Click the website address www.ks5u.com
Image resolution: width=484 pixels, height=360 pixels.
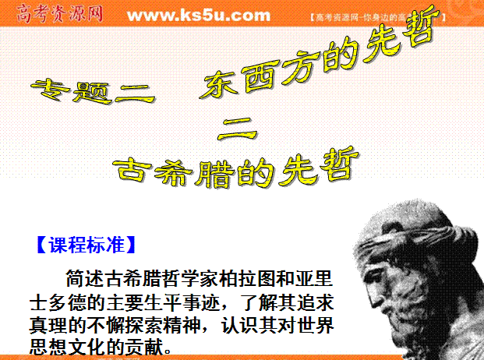[x=199, y=16]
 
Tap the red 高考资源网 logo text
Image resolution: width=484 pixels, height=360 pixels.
[x=59, y=14]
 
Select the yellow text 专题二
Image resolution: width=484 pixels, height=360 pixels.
[x=93, y=91]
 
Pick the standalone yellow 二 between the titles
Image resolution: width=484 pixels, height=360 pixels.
[x=237, y=129]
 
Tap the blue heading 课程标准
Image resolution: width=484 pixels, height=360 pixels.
[x=87, y=245]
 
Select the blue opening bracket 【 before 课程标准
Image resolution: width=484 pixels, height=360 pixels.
[x=41, y=245]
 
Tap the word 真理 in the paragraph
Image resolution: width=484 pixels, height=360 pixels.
[x=48, y=325]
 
